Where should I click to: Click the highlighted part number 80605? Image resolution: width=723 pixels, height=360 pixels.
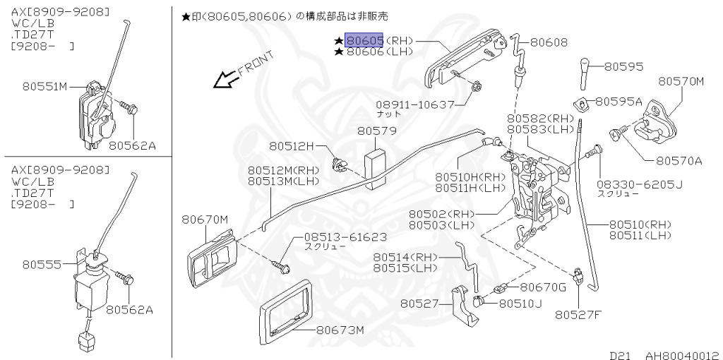click(x=364, y=42)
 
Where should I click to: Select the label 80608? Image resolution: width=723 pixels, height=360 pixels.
click(x=549, y=42)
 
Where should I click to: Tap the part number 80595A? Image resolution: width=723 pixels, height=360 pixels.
click(x=619, y=102)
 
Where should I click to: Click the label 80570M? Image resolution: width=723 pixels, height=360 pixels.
click(x=681, y=81)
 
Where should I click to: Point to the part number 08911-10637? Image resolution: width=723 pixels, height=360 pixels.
click(x=415, y=104)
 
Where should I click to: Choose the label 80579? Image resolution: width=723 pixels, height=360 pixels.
click(x=376, y=131)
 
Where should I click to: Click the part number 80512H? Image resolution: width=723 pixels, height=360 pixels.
click(x=290, y=146)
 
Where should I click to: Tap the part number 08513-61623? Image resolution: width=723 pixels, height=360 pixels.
click(x=345, y=237)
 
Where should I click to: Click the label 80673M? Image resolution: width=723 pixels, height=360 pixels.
click(x=340, y=330)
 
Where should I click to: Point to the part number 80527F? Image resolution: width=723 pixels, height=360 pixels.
click(x=577, y=314)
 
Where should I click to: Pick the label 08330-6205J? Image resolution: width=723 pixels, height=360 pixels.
click(x=640, y=184)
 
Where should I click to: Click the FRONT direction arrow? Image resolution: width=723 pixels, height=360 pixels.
click(x=227, y=79)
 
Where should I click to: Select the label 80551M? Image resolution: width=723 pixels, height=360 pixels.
click(x=44, y=87)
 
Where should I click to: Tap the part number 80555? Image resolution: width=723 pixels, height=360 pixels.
click(x=38, y=265)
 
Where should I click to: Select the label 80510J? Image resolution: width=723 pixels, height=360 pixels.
click(x=520, y=304)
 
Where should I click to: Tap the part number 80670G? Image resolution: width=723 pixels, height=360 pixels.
click(x=543, y=287)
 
